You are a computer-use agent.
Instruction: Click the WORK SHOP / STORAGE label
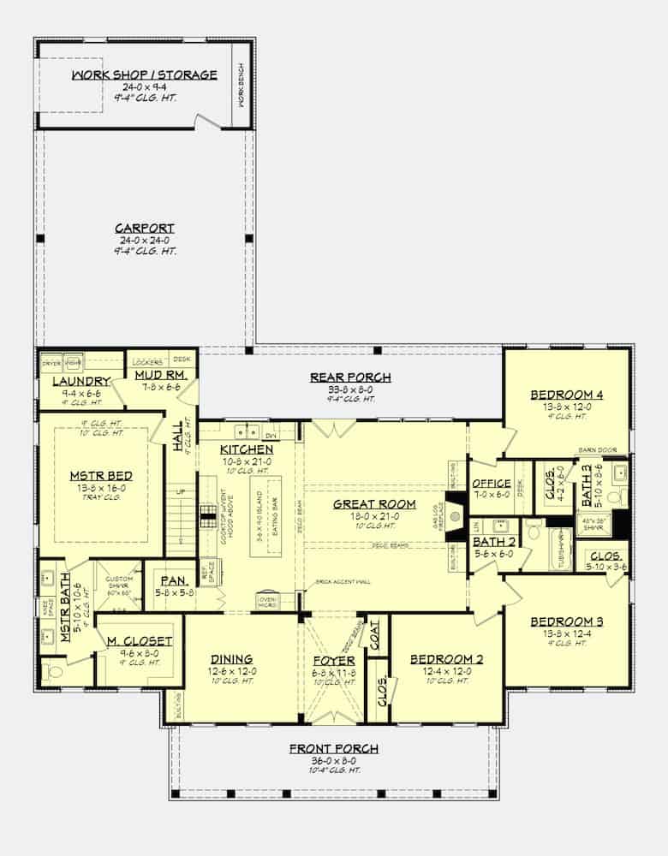point(145,75)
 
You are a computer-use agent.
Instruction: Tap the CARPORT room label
point(145,229)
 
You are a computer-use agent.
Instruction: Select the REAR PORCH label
point(350,377)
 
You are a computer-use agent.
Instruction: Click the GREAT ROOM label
point(374,504)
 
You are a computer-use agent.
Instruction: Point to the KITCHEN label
point(246,449)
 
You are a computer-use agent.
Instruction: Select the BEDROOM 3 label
point(566,621)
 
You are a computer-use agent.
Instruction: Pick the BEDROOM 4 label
point(566,395)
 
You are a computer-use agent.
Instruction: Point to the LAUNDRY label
point(82,381)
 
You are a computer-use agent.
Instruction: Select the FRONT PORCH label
point(333,749)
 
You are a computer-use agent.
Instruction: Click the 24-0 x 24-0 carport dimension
point(145,241)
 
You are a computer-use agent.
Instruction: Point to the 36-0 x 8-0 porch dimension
point(333,760)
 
